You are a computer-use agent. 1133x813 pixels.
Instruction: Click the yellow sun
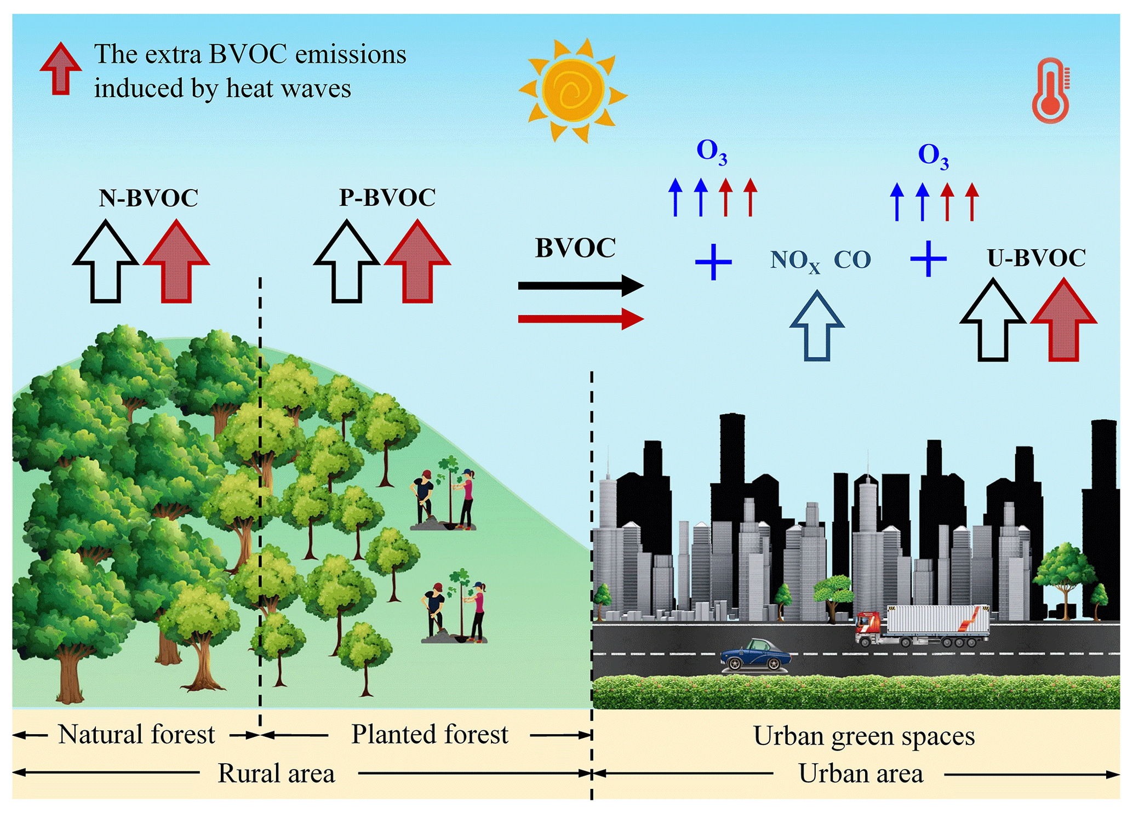click(x=573, y=90)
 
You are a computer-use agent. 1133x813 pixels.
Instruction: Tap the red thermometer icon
click(x=1050, y=93)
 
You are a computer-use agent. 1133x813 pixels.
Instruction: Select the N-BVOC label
click(x=148, y=198)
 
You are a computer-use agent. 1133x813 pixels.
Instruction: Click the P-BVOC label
click(x=387, y=198)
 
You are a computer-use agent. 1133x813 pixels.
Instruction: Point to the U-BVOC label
click(x=1036, y=258)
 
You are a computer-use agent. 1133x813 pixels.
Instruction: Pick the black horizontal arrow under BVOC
click(x=580, y=285)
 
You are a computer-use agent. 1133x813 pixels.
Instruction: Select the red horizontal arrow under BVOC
click(x=580, y=319)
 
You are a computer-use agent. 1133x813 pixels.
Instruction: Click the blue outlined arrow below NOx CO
click(x=816, y=327)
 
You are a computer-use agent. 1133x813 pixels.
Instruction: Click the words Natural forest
click(x=136, y=735)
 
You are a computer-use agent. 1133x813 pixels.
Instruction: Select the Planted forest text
click(x=430, y=735)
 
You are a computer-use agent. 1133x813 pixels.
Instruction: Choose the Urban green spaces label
click(x=864, y=736)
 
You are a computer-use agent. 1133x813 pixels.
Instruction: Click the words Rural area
click(x=276, y=774)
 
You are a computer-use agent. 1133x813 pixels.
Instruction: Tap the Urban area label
click(x=861, y=774)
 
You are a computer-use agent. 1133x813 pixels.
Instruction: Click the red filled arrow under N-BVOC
click(x=176, y=263)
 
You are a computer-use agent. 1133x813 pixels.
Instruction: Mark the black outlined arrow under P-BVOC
click(x=346, y=263)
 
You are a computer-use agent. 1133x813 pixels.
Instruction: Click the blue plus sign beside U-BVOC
click(x=928, y=258)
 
